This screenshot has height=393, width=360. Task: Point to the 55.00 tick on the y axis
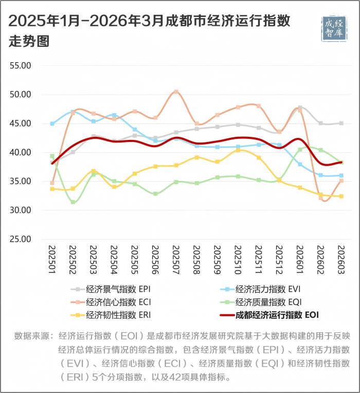(21, 66)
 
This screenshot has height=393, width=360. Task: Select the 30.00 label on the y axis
(21, 210)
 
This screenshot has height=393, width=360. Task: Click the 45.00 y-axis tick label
(21, 123)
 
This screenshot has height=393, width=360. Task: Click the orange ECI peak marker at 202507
(176, 92)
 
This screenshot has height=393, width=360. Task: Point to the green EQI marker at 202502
(73, 202)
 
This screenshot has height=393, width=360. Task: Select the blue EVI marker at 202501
(52, 123)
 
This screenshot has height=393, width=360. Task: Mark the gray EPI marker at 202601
(300, 108)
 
